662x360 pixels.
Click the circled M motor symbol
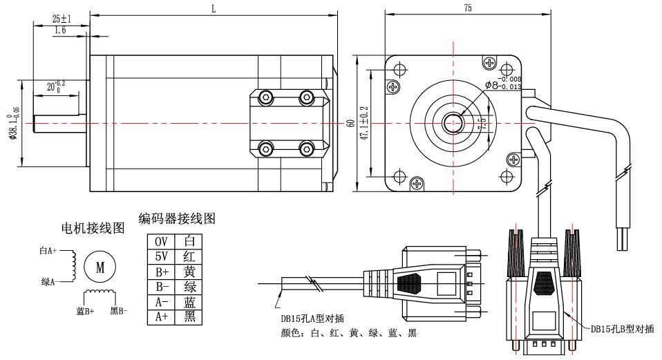(100, 267)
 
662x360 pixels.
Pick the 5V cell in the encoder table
(160, 256)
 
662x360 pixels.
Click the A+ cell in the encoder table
(160, 317)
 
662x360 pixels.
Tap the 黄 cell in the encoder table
(189, 272)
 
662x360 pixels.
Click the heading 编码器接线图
(178, 220)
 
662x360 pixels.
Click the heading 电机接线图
(93, 227)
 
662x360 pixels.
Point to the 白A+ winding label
(50, 252)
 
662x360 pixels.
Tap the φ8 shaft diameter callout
(501, 84)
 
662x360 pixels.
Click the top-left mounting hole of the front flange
(399, 70)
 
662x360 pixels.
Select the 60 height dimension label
(351, 123)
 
